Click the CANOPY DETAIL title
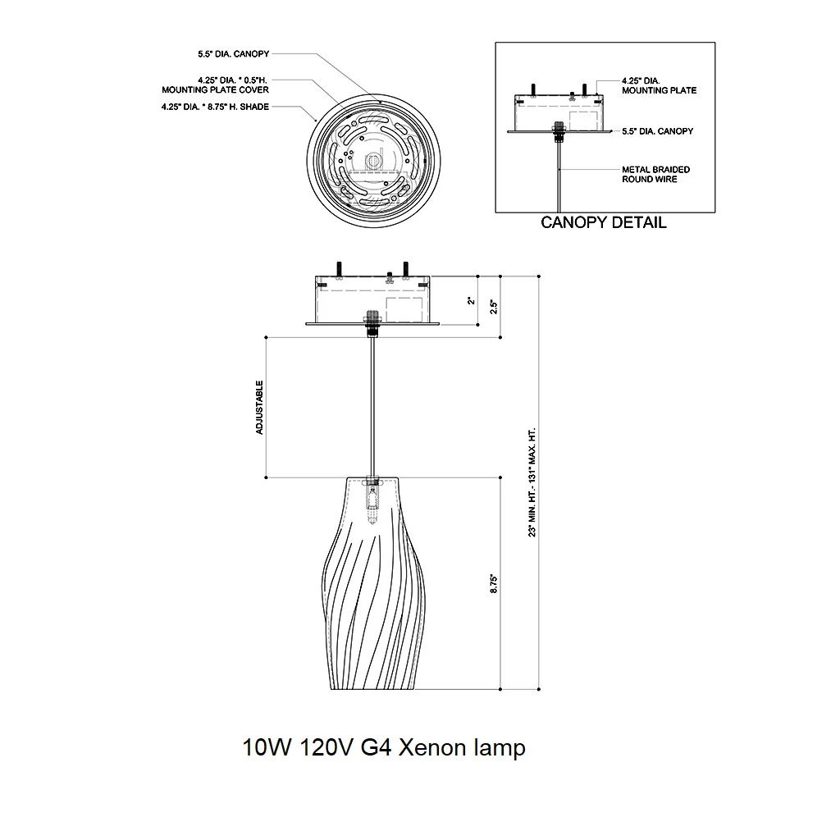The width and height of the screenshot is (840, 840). click(604, 222)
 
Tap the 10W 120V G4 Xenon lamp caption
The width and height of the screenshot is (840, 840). click(384, 747)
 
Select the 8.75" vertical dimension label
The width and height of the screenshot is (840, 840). click(494, 583)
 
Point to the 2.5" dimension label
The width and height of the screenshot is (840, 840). click(494, 307)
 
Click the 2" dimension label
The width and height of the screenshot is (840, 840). click(472, 300)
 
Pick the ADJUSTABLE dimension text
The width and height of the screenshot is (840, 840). click(260, 407)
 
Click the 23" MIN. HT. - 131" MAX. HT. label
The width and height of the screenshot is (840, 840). click(532, 482)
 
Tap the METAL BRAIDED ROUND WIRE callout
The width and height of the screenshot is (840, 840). click(655, 174)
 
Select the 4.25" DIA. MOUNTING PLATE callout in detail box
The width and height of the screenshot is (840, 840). click(659, 85)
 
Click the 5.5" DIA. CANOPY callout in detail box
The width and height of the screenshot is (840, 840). click(657, 131)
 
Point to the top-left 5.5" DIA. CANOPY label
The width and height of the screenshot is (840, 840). click(234, 54)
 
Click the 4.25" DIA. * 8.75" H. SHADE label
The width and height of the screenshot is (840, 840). click(216, 107)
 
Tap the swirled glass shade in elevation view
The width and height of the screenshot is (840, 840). click(373, 583)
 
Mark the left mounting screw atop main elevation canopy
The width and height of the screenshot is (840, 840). click(339, 269)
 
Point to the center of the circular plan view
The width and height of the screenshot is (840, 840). click(373, 160)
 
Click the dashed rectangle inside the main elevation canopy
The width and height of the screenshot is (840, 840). click(404, 310)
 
